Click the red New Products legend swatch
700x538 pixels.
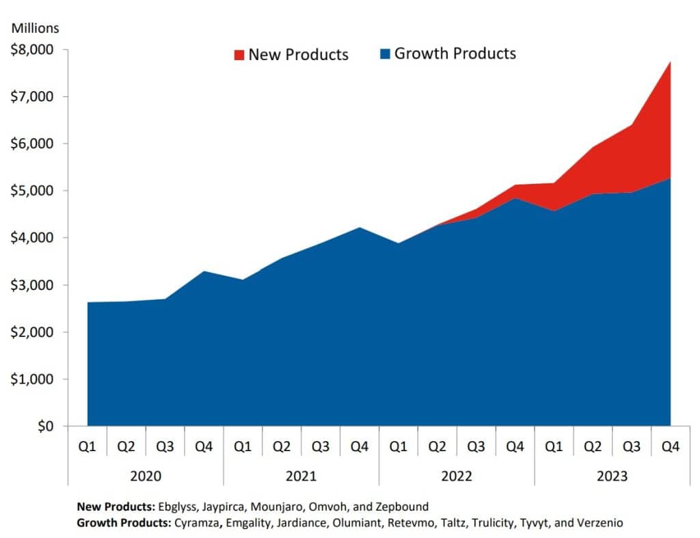click(x=239, y=55)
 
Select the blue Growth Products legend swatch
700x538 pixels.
click(x=385, y=53)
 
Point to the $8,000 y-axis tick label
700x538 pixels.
click(x=36, y=50)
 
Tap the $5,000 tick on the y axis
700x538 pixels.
click(x=36, y=191)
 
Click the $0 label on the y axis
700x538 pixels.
click(x=46, y=427)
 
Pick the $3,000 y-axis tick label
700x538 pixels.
click(x=36, y=285)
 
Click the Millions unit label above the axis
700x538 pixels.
click(x=35, y=29)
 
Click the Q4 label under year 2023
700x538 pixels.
click(x=671, y=447)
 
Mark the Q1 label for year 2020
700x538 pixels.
click(x=87, y=447)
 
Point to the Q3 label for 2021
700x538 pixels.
click(x=321, y=447)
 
